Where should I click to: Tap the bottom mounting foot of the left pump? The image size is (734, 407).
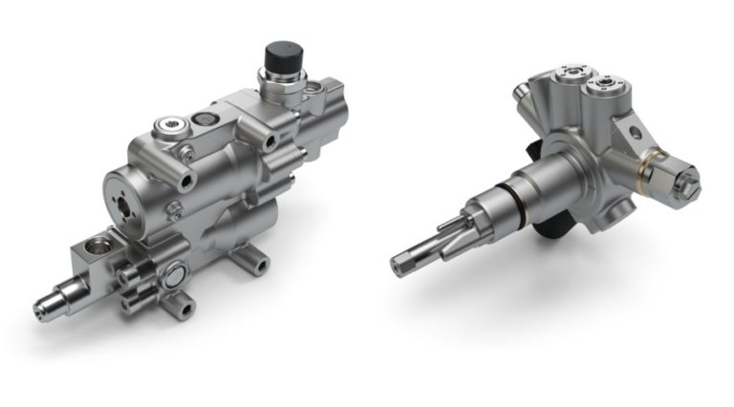point(180,308)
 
